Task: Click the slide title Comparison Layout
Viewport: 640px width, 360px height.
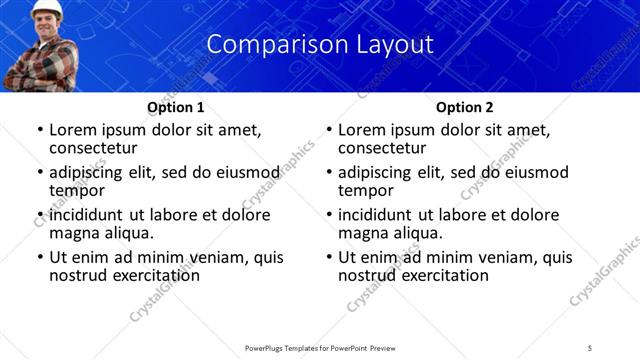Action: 320,45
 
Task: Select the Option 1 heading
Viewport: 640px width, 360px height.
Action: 176,107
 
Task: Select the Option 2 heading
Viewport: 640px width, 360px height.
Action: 465,107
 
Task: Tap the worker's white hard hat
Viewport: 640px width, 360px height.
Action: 45,6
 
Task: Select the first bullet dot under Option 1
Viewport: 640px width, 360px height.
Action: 40,130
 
